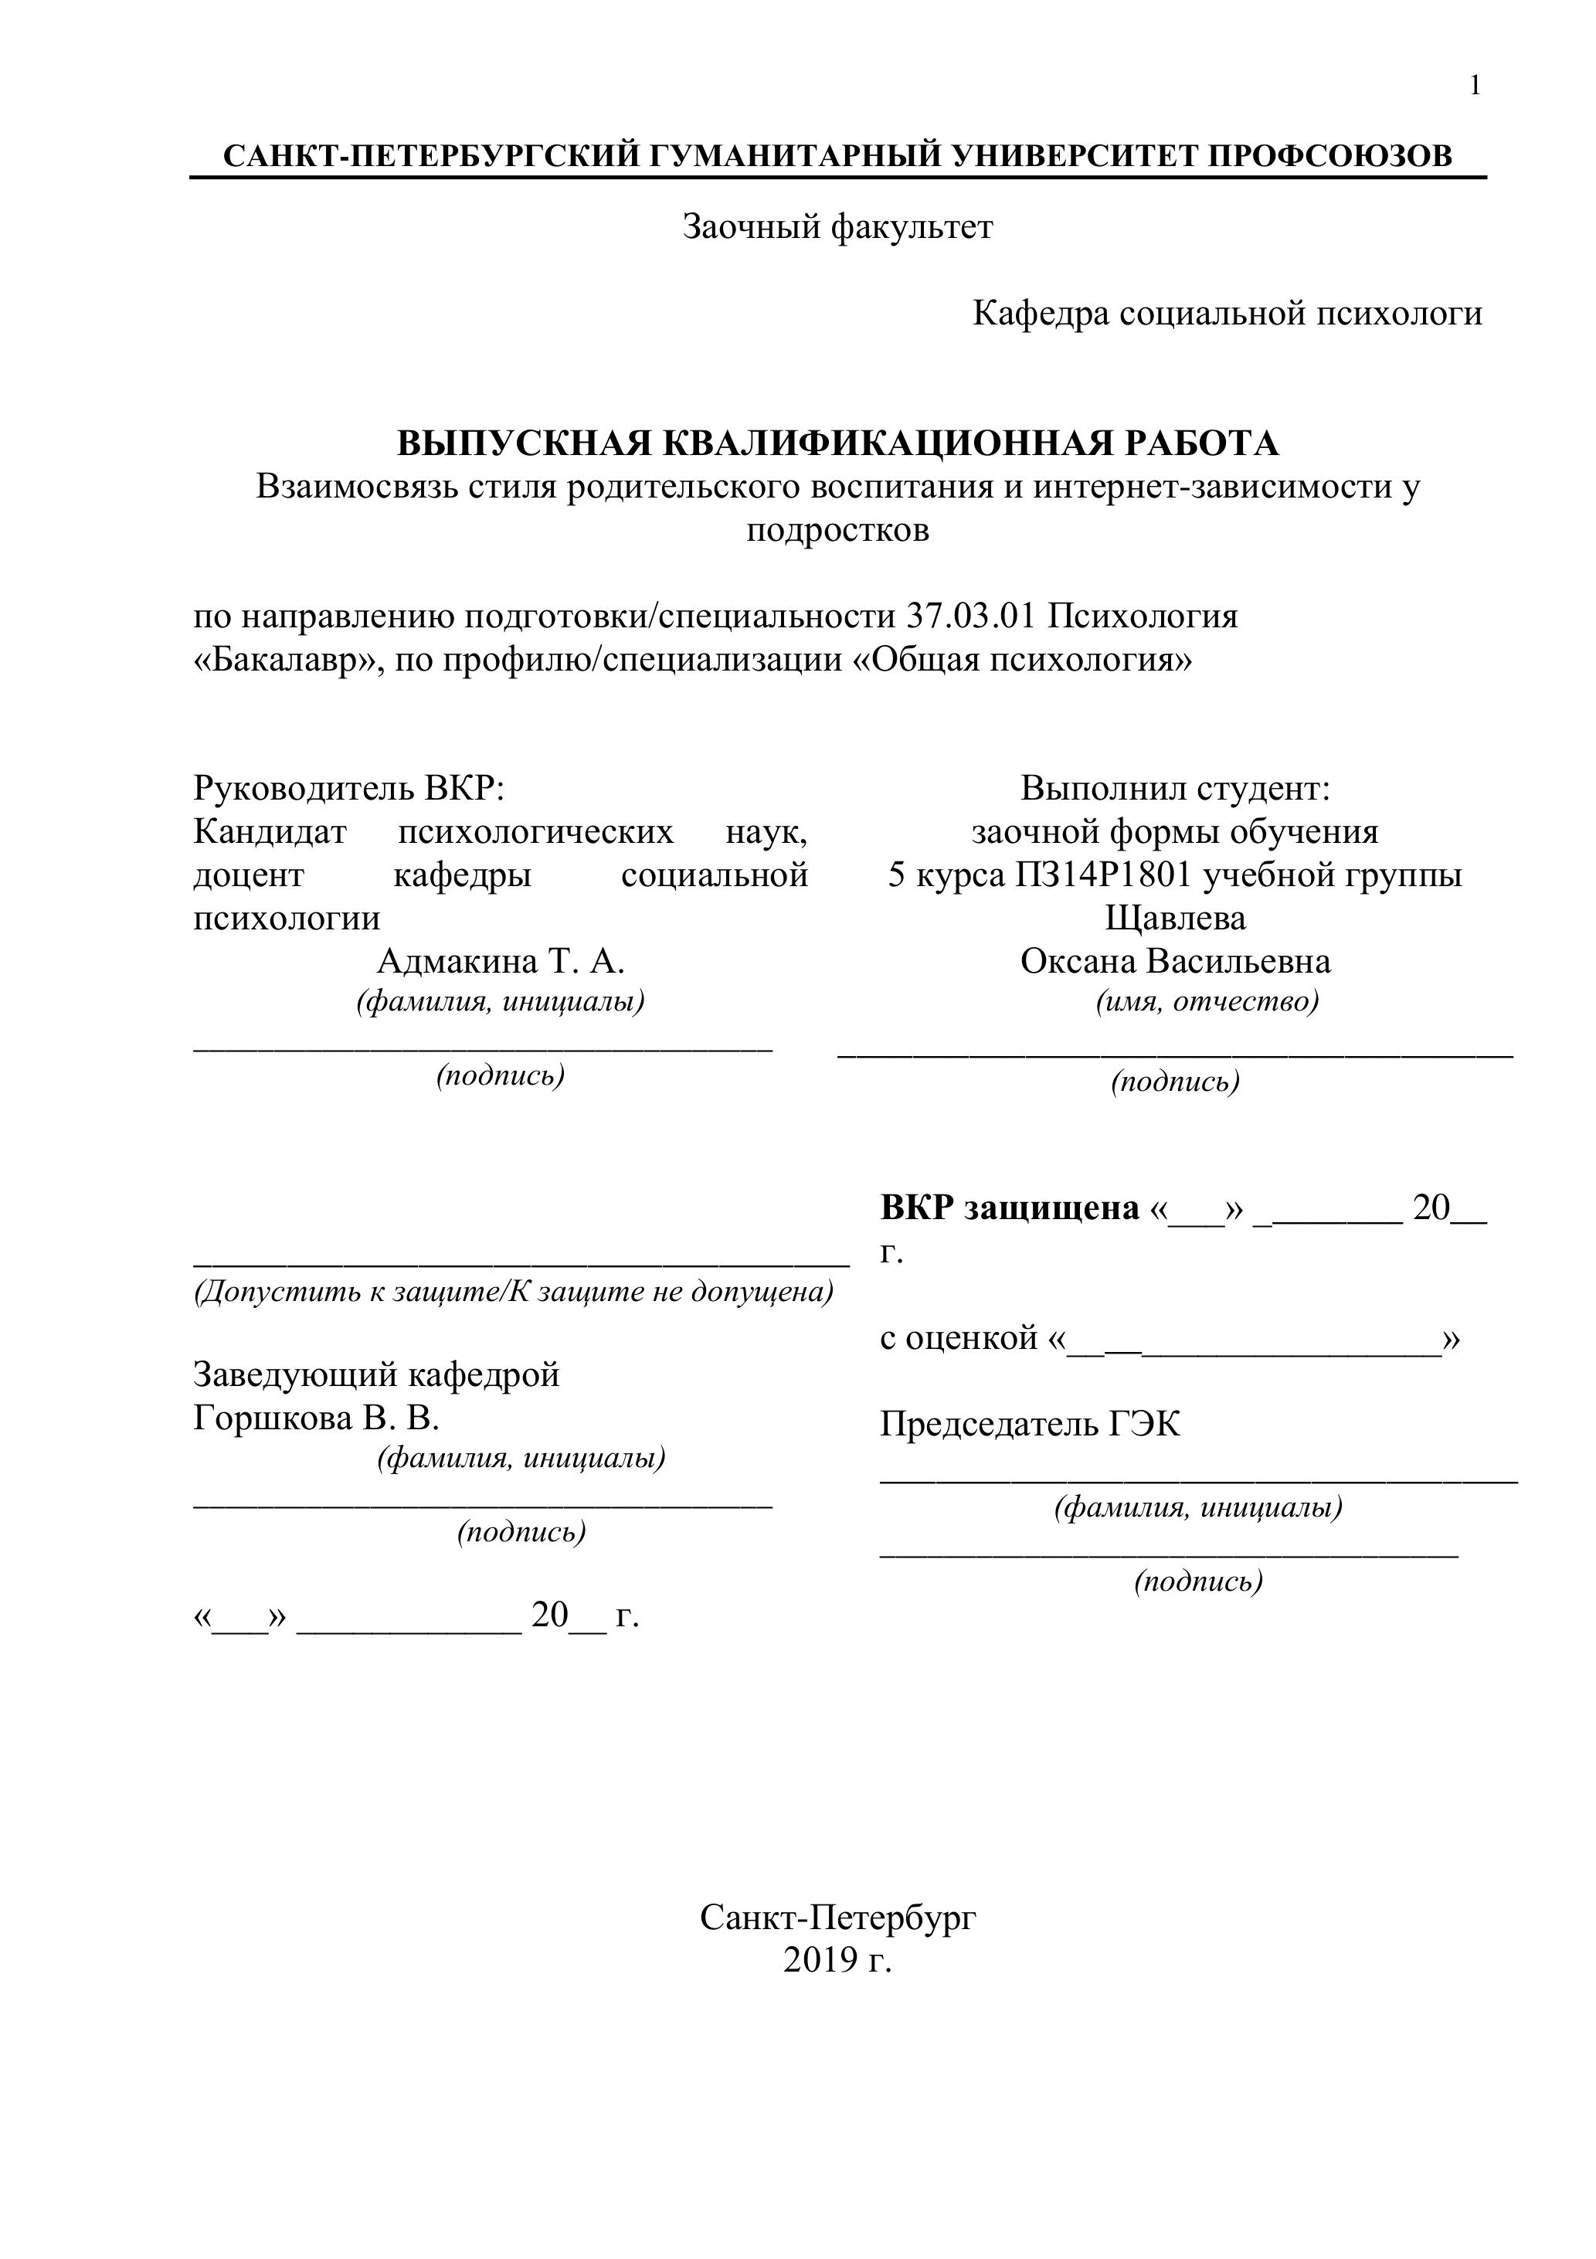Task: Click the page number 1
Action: click(x=1474, y=87)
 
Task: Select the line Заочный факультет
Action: click(x=837, y=227)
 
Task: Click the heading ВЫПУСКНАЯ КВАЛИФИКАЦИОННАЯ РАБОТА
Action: click(x=837, y=443)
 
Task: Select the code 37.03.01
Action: click(x=970, y=617)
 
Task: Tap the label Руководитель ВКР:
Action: click(x=348, y=788)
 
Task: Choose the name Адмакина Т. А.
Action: click(x=501, y=961)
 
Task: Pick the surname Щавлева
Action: click(x=1175, y=918)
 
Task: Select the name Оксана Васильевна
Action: click(x=1175, y=961)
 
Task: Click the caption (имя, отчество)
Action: click(x=1207, y=1003)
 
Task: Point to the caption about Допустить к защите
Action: click(x=513, y=1292)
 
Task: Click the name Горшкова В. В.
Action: click(x=316, y=1418)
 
